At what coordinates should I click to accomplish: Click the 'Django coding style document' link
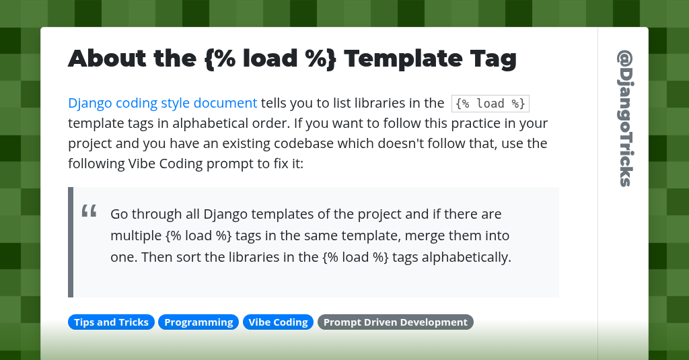click(x=162, y=103)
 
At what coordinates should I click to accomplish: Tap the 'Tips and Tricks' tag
click(x=111, y=322)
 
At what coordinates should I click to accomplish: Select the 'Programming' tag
click(x=198, y=322)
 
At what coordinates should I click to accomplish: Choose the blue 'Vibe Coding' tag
click(x=278, y=322)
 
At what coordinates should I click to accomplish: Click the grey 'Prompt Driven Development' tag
click(x=395, y=322)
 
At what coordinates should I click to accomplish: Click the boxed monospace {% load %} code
click(x=490, y=104)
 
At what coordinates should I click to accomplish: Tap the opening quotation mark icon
click(x=89, y=211)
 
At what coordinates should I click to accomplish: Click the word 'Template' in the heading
click(x=402, y=59)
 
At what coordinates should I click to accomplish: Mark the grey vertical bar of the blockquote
click(x=71, y=242)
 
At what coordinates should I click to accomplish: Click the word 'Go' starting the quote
click(x=119, y=214)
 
